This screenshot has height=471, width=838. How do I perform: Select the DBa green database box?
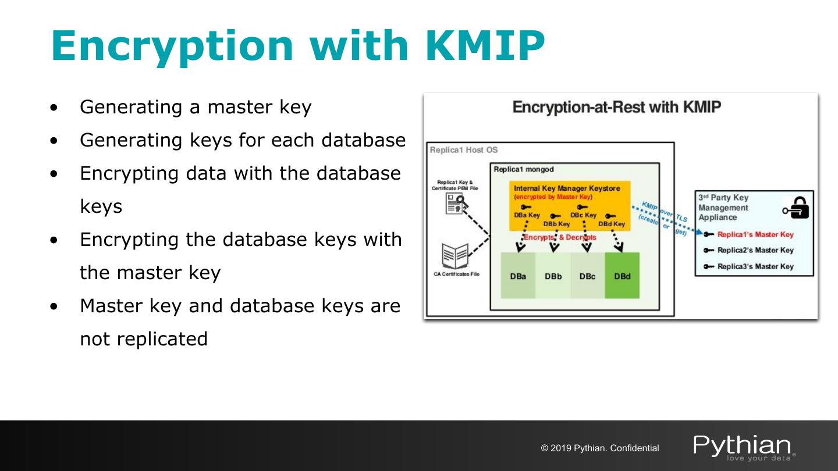pyautogui.click(x=518, y=276)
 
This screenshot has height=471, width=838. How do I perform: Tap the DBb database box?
pyautogui.click(x=553, y=276)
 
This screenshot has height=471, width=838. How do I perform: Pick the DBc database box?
pyautogui.click(x=587, y=276)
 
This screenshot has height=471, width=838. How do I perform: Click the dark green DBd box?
pyautogui.click(x=622, y=276)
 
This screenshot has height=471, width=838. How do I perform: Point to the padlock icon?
pyautogui.click(x=798, y=206)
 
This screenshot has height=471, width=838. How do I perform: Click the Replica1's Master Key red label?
pyautogui.click(x=755, y=234)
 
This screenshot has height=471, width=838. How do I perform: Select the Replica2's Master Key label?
pyautogui.click(x=755, y=250)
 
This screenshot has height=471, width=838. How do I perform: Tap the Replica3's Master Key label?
pyautogui.click(x=755, y=266)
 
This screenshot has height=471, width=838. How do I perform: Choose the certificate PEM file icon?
pyautogui.click(x=454, y=204)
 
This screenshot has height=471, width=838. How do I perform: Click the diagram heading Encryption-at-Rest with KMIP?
pyautogui.click(x=616, y=108)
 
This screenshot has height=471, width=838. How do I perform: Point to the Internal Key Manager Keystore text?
pyautogui.click(x=567, y=188)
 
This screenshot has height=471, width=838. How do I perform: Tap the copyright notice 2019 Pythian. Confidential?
pyautogui.click(x=600, y=448)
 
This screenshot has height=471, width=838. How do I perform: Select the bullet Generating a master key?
pyautogui.click(x=196, y=107)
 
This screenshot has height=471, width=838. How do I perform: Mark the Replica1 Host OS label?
pyautogui.click(x=464, y=150)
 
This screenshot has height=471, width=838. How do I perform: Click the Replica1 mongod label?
pyautogui.click(x=524, y=170)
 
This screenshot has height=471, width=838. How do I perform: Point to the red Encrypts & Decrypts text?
pyautogui.click(x=560, y=237)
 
